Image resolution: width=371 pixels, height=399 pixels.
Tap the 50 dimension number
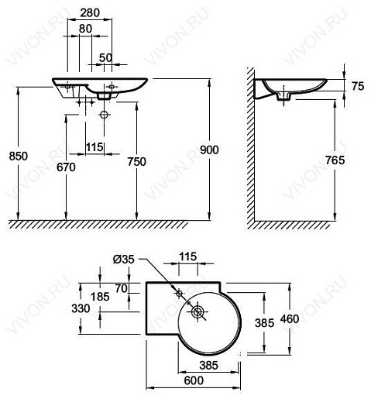click(x=105, y=57)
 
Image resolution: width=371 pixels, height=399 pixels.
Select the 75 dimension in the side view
click(x=357, y=87)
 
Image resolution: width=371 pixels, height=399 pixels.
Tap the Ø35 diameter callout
click(x=124, y=259)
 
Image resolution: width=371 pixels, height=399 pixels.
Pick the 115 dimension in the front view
click(x=94, y=146)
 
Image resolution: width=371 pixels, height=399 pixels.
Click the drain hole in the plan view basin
click(x=198, y=312)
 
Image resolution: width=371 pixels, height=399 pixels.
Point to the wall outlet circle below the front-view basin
click(x=105, y=115)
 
